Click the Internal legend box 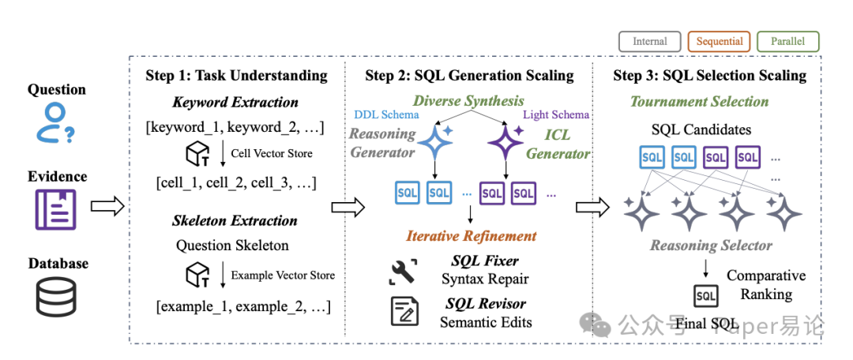[x=649, y=41]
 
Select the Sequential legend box [x=720, y=41]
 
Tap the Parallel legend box [x=788, y=41]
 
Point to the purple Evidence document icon [x=55, y=209]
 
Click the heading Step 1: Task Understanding [x=236, y=76]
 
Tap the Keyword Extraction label [x=235, y=102]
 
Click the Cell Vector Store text [x=271, y=153]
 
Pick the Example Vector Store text [x=282, y=275]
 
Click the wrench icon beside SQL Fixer [x=404, y=270]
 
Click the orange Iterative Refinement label [x=472, y=235]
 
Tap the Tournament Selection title [x=699, y=101]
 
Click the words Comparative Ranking [x=765, y=284]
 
